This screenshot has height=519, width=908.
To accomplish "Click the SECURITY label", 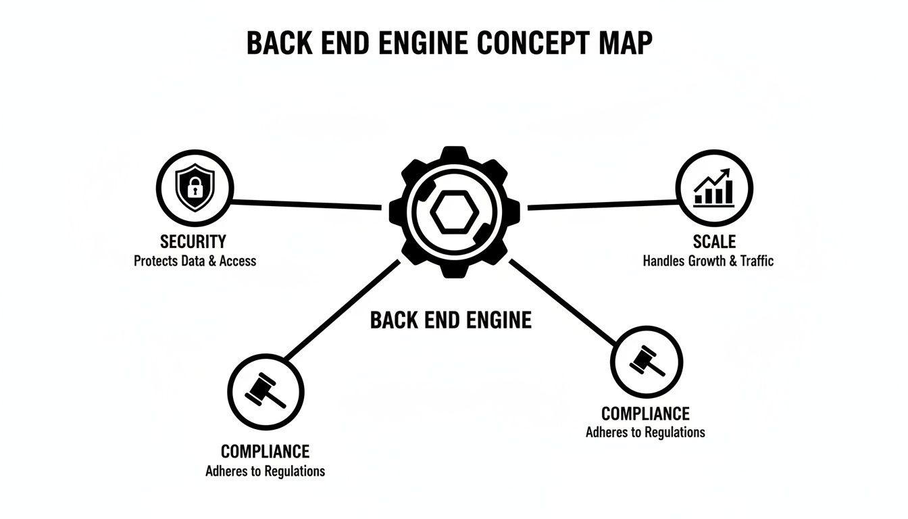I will (x=193, y=241).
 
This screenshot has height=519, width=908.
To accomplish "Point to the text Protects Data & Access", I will (x=195, y=261).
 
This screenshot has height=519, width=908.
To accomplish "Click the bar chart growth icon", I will (x=714, y=189).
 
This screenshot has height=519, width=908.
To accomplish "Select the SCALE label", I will (x=714, y=241).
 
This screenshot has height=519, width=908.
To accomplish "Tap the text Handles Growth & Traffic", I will (x=708, y=261).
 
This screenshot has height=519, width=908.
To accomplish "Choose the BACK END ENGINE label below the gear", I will (x=451, y=320).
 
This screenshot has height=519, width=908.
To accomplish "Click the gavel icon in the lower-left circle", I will (x=265, y=392).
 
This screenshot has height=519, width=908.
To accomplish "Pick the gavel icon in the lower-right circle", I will (x=647, y=361).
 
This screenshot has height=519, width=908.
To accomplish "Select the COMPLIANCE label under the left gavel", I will (x=265, y=451).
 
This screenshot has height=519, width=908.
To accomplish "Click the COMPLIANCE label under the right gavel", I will (x=645, y=413).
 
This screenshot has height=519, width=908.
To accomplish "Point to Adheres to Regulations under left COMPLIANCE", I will (x=265, y=471).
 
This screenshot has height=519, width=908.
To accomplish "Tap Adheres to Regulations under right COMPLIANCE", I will (x=645, y=432).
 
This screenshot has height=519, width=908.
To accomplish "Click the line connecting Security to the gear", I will (x=307, y=204).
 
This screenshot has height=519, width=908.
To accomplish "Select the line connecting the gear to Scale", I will (x=601, y=204).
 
